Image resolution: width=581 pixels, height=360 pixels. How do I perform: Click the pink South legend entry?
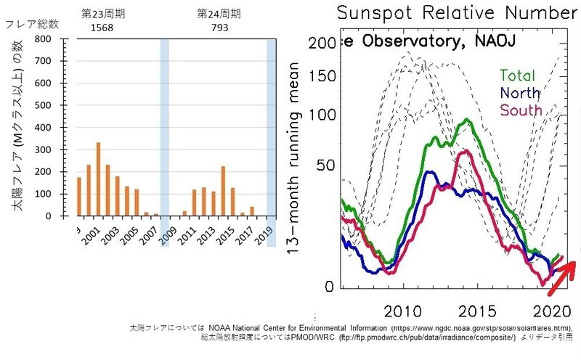coord(520,110)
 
